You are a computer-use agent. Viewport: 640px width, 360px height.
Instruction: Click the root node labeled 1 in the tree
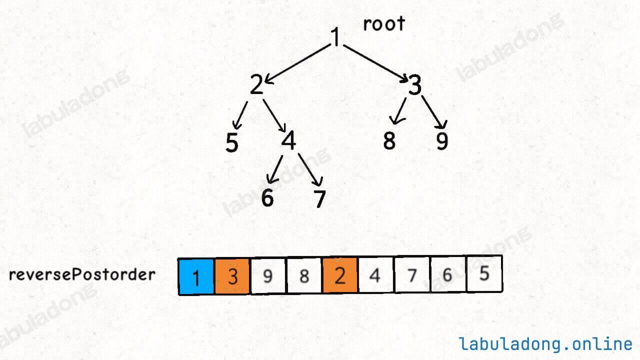(x=335, y=36)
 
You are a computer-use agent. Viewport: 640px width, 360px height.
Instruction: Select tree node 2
(x=256, y=84)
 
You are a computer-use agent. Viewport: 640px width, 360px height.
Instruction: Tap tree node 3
(x=415, y=85)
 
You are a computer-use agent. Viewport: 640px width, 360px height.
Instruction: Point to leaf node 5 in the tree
(x=231, y=142)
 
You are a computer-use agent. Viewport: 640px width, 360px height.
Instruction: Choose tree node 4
(x=288, y=140)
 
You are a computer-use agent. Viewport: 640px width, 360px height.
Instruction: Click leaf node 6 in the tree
(x=267, y=197)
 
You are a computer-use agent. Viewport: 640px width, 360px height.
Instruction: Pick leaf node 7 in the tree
(x=319, y=198)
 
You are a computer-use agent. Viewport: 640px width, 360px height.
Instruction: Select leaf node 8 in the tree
(x=389, y=140)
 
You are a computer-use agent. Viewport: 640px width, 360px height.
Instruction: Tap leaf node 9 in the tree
(x=442, y=141)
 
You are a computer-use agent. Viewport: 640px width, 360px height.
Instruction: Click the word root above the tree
(x=384, y=23)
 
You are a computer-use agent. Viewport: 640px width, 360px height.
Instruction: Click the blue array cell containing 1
(x=196, y=276)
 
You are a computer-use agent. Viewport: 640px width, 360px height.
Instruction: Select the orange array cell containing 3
(x=232, y=276)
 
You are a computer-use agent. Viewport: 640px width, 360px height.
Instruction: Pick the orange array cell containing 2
(x=340, y=275)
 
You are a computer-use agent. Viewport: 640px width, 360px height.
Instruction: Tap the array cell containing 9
(x=268, y=275)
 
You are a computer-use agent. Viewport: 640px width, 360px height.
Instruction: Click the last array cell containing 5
(x=484, y=273)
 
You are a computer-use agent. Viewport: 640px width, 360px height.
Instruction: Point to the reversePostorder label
(x=82, y=275)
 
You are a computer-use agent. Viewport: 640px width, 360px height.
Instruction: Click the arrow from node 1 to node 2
(x=297, y=64)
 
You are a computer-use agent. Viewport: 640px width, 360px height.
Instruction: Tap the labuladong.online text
(x=545, y=343)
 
